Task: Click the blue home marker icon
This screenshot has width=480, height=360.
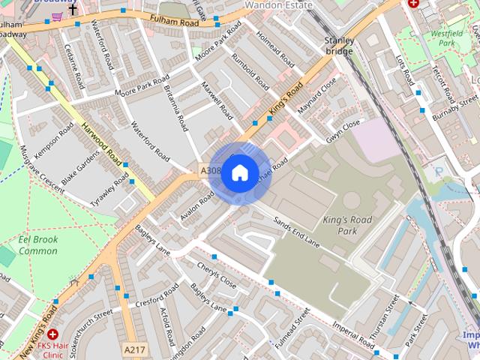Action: point(239,173)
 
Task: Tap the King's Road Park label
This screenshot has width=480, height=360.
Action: point(346,225)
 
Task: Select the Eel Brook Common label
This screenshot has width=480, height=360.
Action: point(37,245)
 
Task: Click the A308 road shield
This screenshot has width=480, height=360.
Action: point(211,171)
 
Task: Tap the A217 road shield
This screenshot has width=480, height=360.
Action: point(134,350)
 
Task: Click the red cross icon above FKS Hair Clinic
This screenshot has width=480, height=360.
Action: point(52,334)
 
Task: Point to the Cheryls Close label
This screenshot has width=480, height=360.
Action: point(217,276)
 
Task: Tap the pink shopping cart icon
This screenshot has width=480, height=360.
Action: point(57,15)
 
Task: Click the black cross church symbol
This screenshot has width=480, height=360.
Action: point(73,10)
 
